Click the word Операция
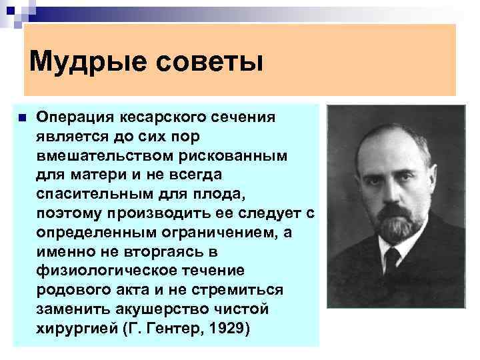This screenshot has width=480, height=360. point(75,117)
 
